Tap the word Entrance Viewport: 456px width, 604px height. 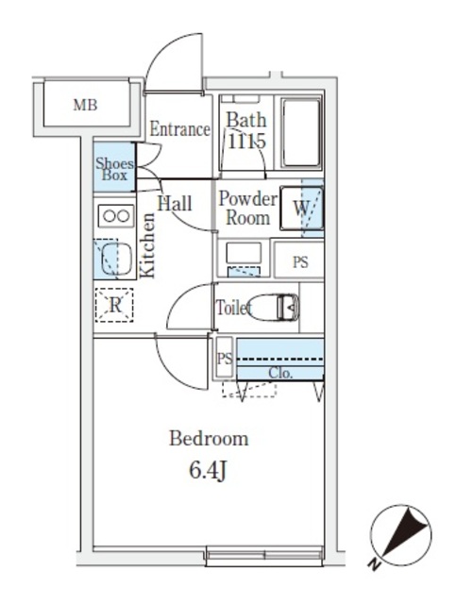point(179,130)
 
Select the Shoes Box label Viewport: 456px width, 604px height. point(114,168)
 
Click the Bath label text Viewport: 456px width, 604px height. point(245,122)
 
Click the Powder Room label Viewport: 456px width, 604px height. point(247,208)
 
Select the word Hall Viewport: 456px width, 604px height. point(175,204)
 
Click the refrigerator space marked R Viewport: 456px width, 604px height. point(115,305)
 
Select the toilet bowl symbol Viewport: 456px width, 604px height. point(278,307)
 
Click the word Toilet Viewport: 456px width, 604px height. point(233,308)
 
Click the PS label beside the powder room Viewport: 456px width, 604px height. point(299,263)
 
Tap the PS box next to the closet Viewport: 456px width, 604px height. point(225,359)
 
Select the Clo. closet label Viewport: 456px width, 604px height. point(280,373)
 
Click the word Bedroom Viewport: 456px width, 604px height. point(209,439)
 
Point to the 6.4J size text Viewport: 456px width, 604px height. point(208,471)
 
